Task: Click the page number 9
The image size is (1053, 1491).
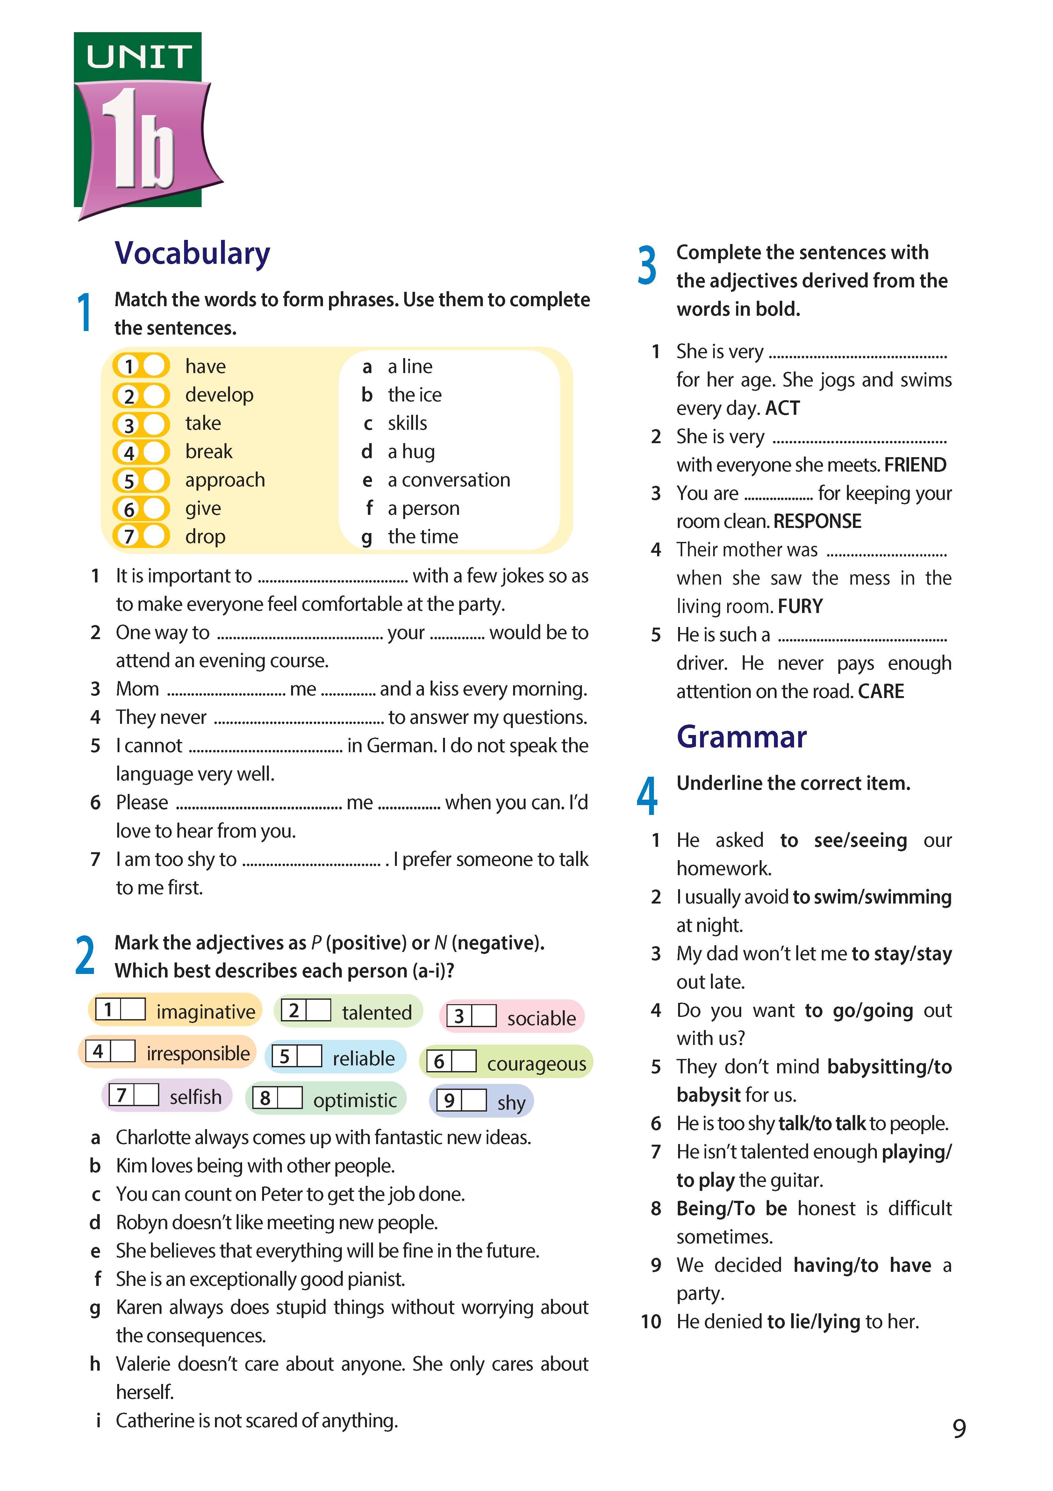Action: coord(959,1429)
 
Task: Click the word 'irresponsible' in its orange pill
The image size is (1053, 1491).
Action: coord(198,1053)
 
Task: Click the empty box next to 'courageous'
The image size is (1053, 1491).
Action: coord(463,1061)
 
